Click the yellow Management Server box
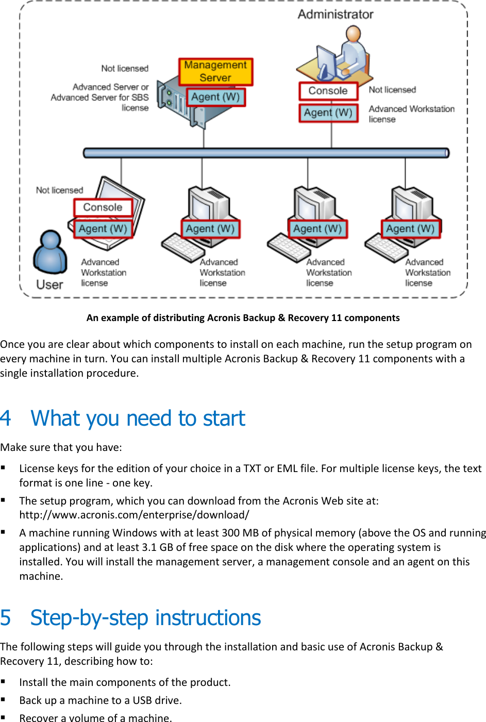click(215, 72)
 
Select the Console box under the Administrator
click(328, 91)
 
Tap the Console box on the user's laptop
click(103, 207)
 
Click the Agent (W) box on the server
click(215, 97)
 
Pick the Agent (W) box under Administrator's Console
click(328, 113)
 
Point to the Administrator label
click(335, 14)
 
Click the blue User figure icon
click(50, 252)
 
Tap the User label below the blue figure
click(49, 284)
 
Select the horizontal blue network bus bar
click(266, 153)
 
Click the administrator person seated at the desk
click(353, 52)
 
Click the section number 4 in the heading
click(6, 418)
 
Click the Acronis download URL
click(134, 515)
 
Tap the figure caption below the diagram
click(243, 318)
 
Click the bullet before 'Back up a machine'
click(4, 700)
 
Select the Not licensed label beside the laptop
click(59, 190)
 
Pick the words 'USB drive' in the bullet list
click(157, 700)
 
